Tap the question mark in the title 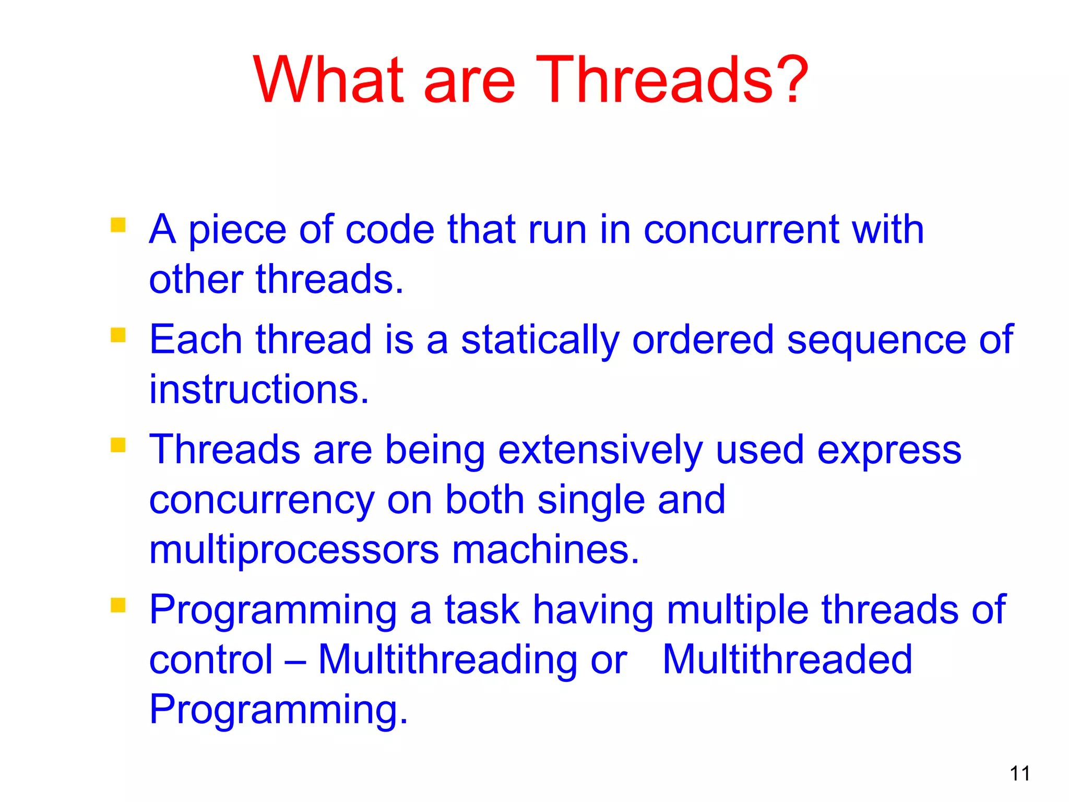tap(792, 80)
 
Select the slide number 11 tap(1019, 773)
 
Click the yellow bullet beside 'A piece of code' tap(118, 225)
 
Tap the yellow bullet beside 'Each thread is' tap(118, 335)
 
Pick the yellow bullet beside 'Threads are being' tap(118, 445)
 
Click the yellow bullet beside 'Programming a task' tap(118, 605)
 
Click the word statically tap(540, 340)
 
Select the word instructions tap(259, 390)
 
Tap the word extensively tap(600, 450)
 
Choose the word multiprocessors tap(294, 550)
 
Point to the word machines tap(545, 550)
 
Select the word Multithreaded tap(787, 659)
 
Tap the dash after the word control tap(295, 661)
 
